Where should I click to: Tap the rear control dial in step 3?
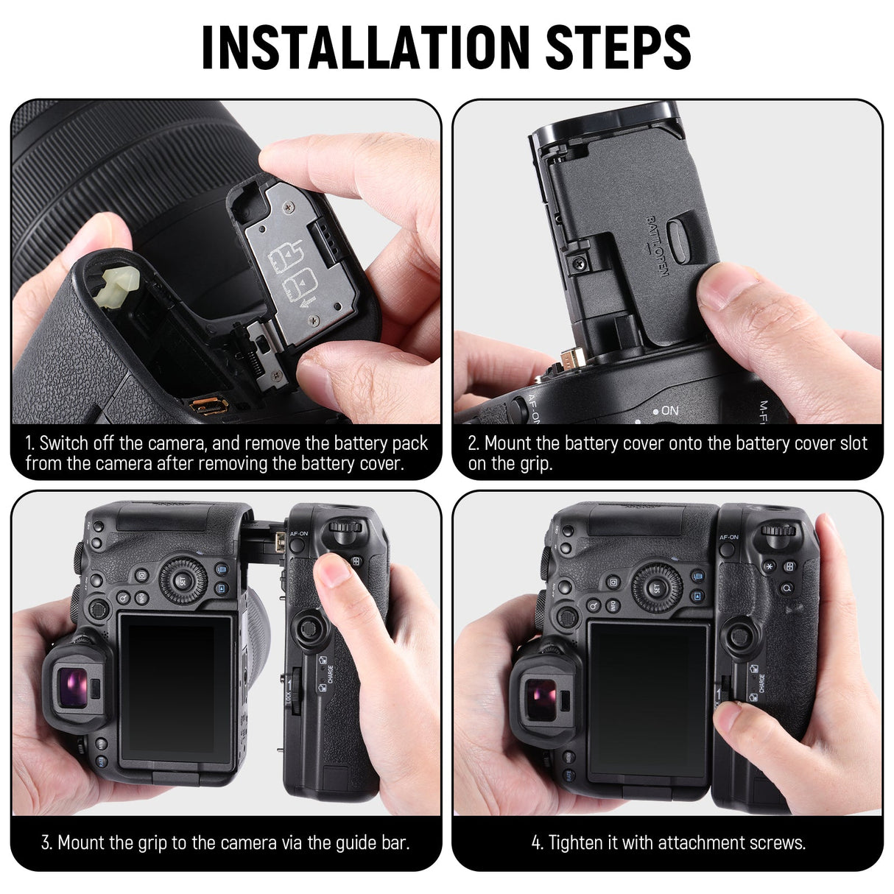click(180, 580)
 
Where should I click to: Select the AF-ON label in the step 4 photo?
click(728, 538)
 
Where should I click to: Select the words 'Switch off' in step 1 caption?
click(77, 443)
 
